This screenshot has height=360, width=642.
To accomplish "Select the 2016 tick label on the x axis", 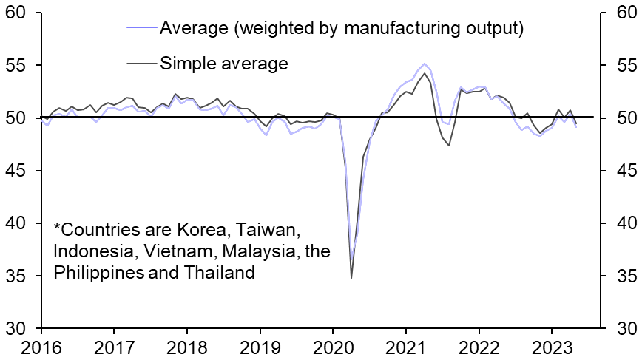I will tap(41, 347).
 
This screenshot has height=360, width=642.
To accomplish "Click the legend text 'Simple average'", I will tap(223, 64).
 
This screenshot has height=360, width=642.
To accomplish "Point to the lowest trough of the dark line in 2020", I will tap(351, 277).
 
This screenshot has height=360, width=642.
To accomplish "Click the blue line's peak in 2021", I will tap(425, 64).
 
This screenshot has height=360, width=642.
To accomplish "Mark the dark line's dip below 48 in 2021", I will tap(449, 145).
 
